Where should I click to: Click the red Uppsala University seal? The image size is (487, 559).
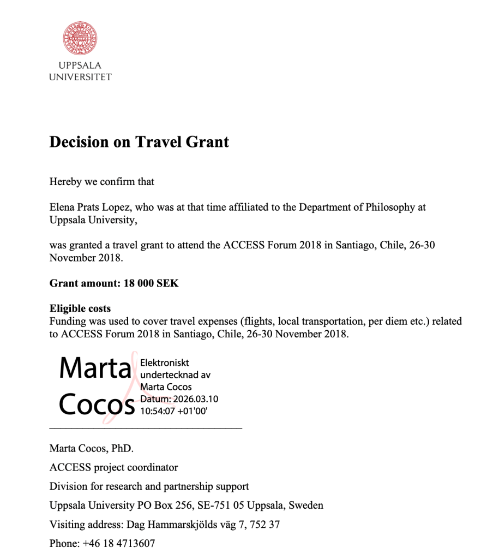click(x=80, y=39)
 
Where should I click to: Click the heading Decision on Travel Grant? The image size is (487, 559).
click(x=139, y=142)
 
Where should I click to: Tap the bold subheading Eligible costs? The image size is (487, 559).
click(x=80, y=308)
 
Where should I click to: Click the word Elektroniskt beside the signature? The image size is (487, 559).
click(x=165, y=363)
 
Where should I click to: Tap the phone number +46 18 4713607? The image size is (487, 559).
click(x=119, y=544)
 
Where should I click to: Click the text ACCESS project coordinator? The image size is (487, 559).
click(x=113, y=467)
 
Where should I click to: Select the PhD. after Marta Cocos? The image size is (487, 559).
click(x=123, y=449)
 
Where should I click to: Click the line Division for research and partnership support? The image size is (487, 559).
click(x=149, y=486)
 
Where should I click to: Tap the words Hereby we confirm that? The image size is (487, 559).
click(x=102, y=182)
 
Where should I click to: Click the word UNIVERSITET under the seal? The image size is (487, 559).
click(x=80, y=77)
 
